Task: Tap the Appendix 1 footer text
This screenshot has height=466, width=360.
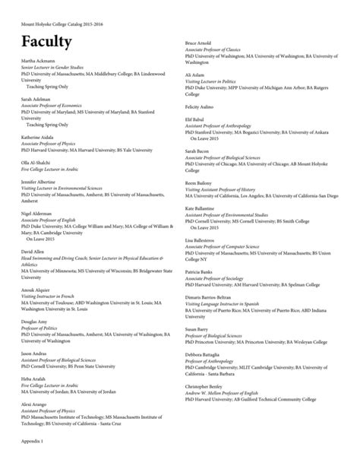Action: coord(32,441)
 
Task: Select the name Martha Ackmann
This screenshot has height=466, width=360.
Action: coord(39,60)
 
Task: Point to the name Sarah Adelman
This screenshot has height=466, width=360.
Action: coord(36,99)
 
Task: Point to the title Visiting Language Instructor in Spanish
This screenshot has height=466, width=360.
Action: coord(224,303)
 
